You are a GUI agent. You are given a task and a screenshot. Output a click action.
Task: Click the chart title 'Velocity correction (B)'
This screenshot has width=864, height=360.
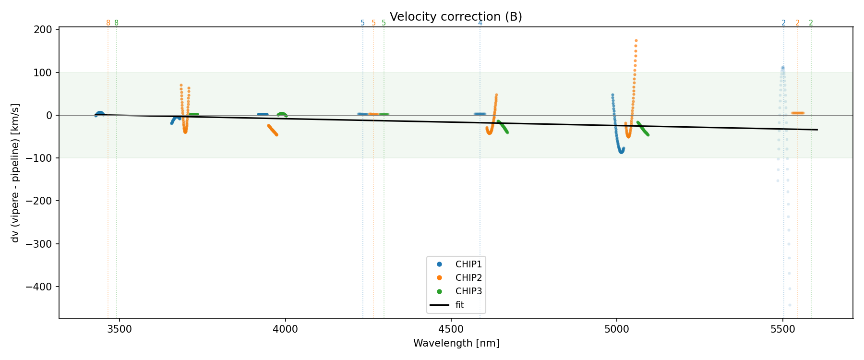tap(456, 17)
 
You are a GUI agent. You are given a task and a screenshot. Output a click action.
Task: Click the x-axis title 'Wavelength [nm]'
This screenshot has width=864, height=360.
tap(456, 343)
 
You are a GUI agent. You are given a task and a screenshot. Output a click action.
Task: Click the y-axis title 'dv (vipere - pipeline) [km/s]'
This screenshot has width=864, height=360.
tap(15, 173)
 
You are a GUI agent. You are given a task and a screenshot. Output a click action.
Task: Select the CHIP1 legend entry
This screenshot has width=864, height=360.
tap(468, 264)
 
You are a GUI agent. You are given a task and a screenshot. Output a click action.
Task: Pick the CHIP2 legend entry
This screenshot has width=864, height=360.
tap(468, 278)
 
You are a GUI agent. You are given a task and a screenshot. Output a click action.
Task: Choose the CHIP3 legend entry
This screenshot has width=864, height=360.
tap(468, 291)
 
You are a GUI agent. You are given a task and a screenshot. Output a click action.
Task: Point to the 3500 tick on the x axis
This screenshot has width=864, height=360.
tap(119, 330)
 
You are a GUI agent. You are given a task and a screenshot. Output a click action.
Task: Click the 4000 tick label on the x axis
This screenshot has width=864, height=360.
tap(285, 330)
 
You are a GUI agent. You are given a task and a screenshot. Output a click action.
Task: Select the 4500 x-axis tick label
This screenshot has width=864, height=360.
tap(451, 330)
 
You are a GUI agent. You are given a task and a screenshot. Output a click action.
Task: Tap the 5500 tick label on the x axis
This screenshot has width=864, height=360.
tap(783, 330)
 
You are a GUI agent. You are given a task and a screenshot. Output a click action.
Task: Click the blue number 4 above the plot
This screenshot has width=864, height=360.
tap(480, 23)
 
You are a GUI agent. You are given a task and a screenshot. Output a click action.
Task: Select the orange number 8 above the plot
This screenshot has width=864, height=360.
tap(108, 23)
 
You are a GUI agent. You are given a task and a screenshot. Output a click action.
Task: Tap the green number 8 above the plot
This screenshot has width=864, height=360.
tap(116, 23)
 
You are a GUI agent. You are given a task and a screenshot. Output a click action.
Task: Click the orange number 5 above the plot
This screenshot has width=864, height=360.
tap(373, 23)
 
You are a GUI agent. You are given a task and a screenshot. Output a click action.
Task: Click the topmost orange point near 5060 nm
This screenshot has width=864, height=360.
tap(636, 41)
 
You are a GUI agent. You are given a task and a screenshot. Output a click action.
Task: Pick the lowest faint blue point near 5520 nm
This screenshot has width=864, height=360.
tap(790, 305)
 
